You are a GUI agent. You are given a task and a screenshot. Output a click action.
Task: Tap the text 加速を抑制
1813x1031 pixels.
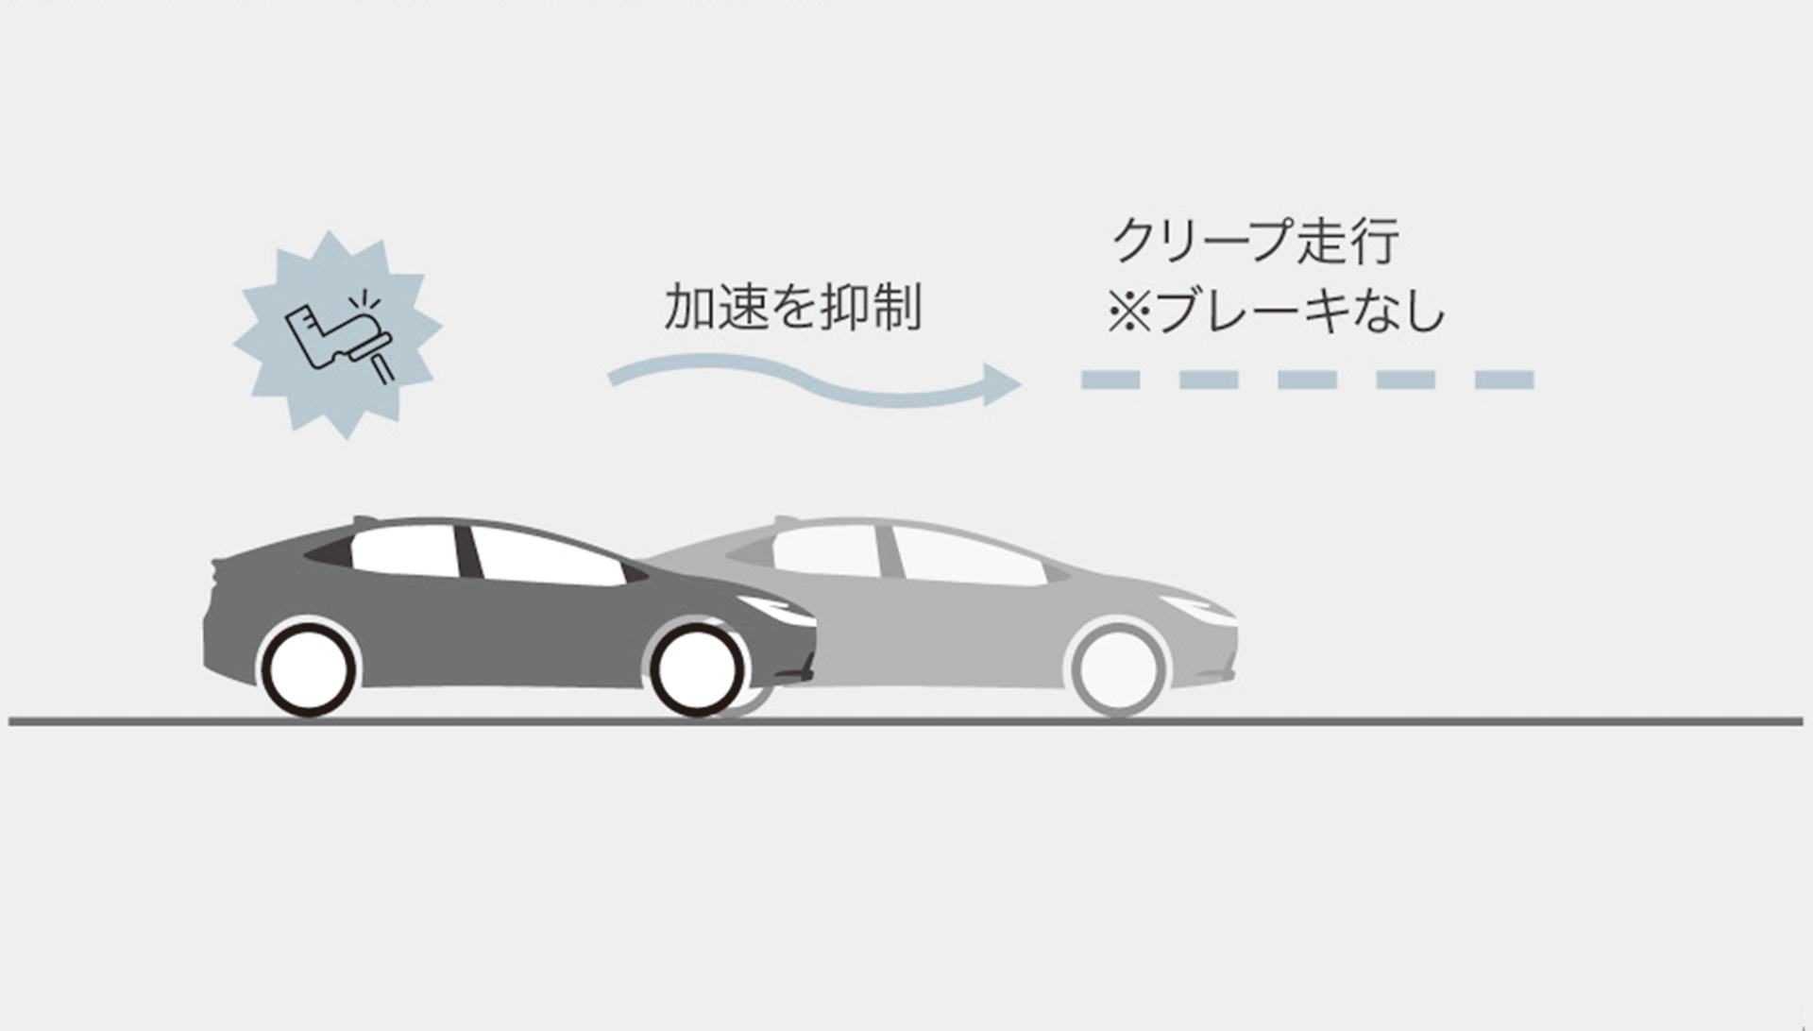[792, 308]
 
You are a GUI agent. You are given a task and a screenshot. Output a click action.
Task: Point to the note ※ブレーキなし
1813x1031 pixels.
[1276, 312]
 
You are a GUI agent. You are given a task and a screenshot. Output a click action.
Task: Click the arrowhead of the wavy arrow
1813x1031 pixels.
[1001, 384]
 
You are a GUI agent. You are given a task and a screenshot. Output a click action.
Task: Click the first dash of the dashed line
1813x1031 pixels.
[1110, 380]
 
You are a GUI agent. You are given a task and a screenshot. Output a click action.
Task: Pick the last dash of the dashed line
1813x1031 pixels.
[1504, 380]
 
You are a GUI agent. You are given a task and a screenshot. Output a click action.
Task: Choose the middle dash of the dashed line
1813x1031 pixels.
[1307, 380]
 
